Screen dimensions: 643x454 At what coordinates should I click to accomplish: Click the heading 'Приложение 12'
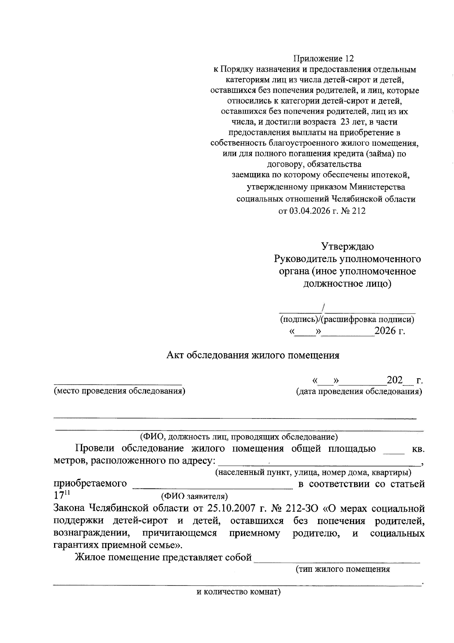324,59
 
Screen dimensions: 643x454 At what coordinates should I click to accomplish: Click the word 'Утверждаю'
347,247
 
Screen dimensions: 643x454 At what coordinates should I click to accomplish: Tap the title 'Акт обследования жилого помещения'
253,355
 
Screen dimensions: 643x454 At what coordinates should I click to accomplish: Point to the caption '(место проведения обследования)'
120,391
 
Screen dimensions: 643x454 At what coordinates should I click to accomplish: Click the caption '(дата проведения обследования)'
359,391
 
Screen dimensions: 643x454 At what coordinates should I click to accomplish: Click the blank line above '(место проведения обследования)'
117,384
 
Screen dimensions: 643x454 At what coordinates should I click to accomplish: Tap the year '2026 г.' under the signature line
389,331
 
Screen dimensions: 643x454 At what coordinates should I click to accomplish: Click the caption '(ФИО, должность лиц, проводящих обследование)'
239,437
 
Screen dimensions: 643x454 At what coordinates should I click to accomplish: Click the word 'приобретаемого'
90,484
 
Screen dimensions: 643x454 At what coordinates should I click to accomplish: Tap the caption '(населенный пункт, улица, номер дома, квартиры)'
314,473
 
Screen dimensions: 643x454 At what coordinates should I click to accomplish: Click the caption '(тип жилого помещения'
343,569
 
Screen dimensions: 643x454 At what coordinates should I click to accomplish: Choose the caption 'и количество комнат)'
238,592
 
